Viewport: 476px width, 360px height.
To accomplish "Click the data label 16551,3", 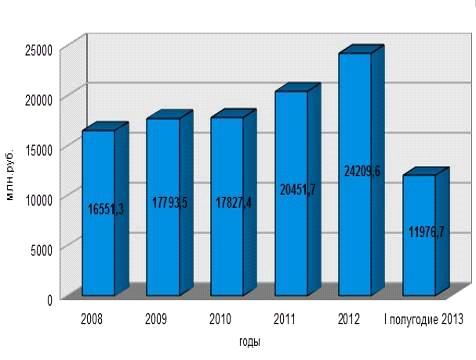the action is tap(106, 209).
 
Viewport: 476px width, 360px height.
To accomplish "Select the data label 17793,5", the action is tap(170, 203).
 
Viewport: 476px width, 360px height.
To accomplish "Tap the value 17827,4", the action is tap(234, 203).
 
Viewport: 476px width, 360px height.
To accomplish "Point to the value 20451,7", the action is tap(298, 190).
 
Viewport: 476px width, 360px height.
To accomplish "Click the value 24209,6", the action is tap(362, 171).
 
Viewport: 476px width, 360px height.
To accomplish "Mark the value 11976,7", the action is tap(426, 232).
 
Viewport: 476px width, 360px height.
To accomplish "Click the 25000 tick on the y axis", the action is tap(39, 51).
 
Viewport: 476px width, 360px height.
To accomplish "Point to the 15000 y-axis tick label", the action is tap(39, 150).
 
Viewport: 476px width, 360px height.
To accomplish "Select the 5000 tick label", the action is tap(42, 250).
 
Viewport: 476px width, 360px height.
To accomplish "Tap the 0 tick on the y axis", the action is tap(50, 300).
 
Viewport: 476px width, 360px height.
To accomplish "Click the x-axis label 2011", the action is tap(284, 319).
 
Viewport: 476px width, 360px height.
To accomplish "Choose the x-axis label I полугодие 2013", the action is tap(424, 320).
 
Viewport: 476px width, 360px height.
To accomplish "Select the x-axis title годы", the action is tap(250, 342).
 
